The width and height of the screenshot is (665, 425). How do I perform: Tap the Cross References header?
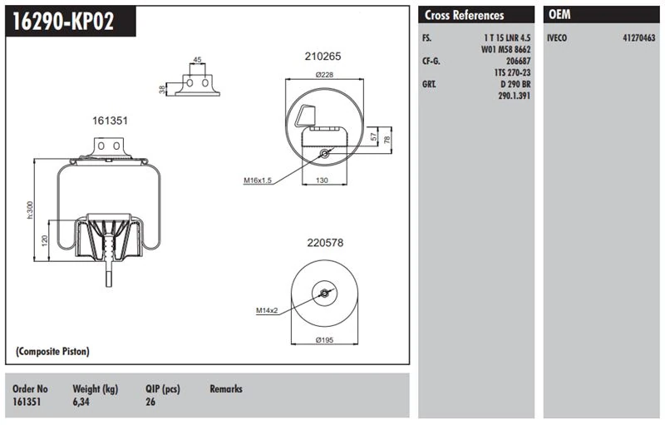click(464, 16)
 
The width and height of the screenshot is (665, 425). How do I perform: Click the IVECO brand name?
click(558, 38)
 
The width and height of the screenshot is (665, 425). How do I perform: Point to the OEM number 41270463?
click(638, 38)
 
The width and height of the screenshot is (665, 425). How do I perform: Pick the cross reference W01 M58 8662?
click(505, 50)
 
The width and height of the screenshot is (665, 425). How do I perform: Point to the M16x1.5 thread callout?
click(259, 180)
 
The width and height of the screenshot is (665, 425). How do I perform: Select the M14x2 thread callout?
click(267, 310)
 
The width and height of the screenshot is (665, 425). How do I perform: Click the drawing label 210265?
click(324, 56)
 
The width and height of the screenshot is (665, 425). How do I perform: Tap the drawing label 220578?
click(325, 244)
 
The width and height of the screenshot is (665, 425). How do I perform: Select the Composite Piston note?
click(52, 352)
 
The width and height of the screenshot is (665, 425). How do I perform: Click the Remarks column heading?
click(226, 389)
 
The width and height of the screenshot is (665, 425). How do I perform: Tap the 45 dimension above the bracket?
click(197, 60)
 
